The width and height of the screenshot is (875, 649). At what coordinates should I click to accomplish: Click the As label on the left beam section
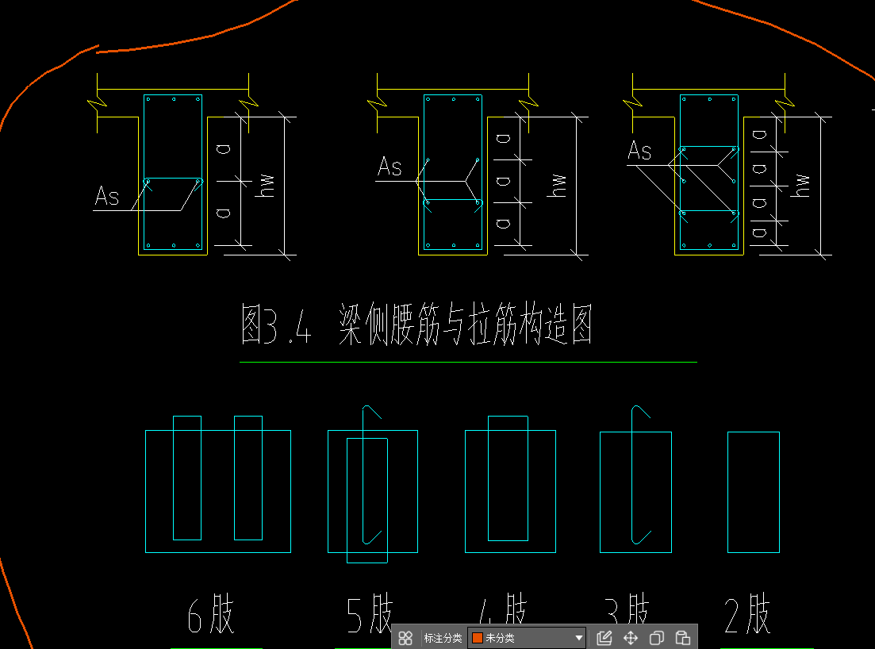[107, 196]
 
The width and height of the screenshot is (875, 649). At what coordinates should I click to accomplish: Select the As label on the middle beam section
[390, 167]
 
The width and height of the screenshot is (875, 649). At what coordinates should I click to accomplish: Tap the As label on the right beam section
[639, 151]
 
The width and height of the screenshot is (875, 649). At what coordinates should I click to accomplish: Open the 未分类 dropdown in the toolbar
[527, 638]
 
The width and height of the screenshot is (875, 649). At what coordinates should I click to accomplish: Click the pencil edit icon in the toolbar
[604, 638]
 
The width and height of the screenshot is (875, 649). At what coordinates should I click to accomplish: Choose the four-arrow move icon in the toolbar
[631, 638]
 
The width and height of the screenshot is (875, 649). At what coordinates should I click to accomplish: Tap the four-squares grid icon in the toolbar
[405, 638]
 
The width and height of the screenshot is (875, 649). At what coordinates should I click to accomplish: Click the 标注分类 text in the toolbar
[443, 638]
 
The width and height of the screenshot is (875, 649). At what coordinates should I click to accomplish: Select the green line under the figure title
[468, 363]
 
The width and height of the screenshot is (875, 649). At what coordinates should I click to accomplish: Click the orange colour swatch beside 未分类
[478, 638]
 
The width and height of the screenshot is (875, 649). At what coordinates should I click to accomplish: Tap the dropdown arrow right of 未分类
[579, 638]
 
